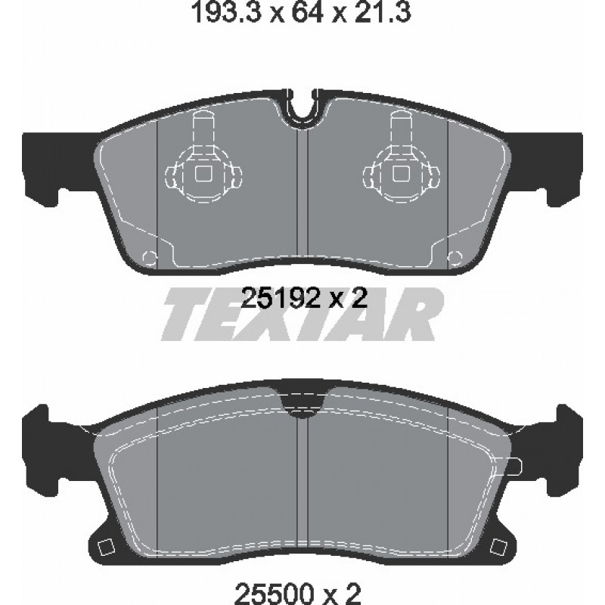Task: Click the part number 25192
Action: coord(281,299)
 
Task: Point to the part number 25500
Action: coord(275,591)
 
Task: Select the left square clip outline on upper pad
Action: coord(203,174)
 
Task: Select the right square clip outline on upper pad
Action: coord(402,174)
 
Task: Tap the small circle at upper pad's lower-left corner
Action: coord(150,257)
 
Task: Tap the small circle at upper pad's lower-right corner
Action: coord(455,257)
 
